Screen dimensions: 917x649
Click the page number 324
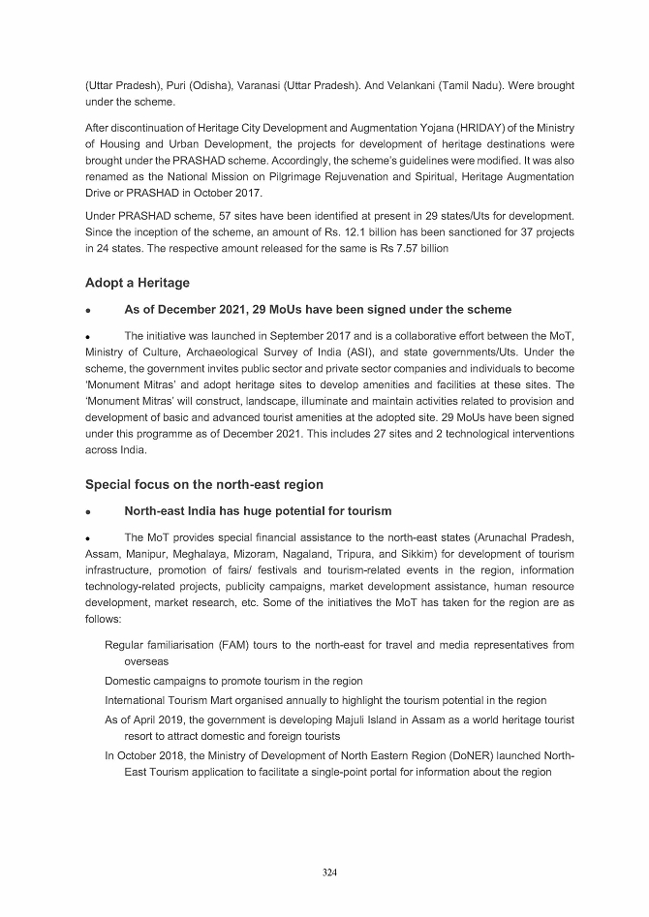click(329, 872)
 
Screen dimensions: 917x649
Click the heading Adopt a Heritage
click(138, 283)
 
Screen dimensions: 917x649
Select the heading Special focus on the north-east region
click(204, 484)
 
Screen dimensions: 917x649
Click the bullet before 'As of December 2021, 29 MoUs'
click(88, 310)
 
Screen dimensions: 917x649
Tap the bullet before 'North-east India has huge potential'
click(88, 511)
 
